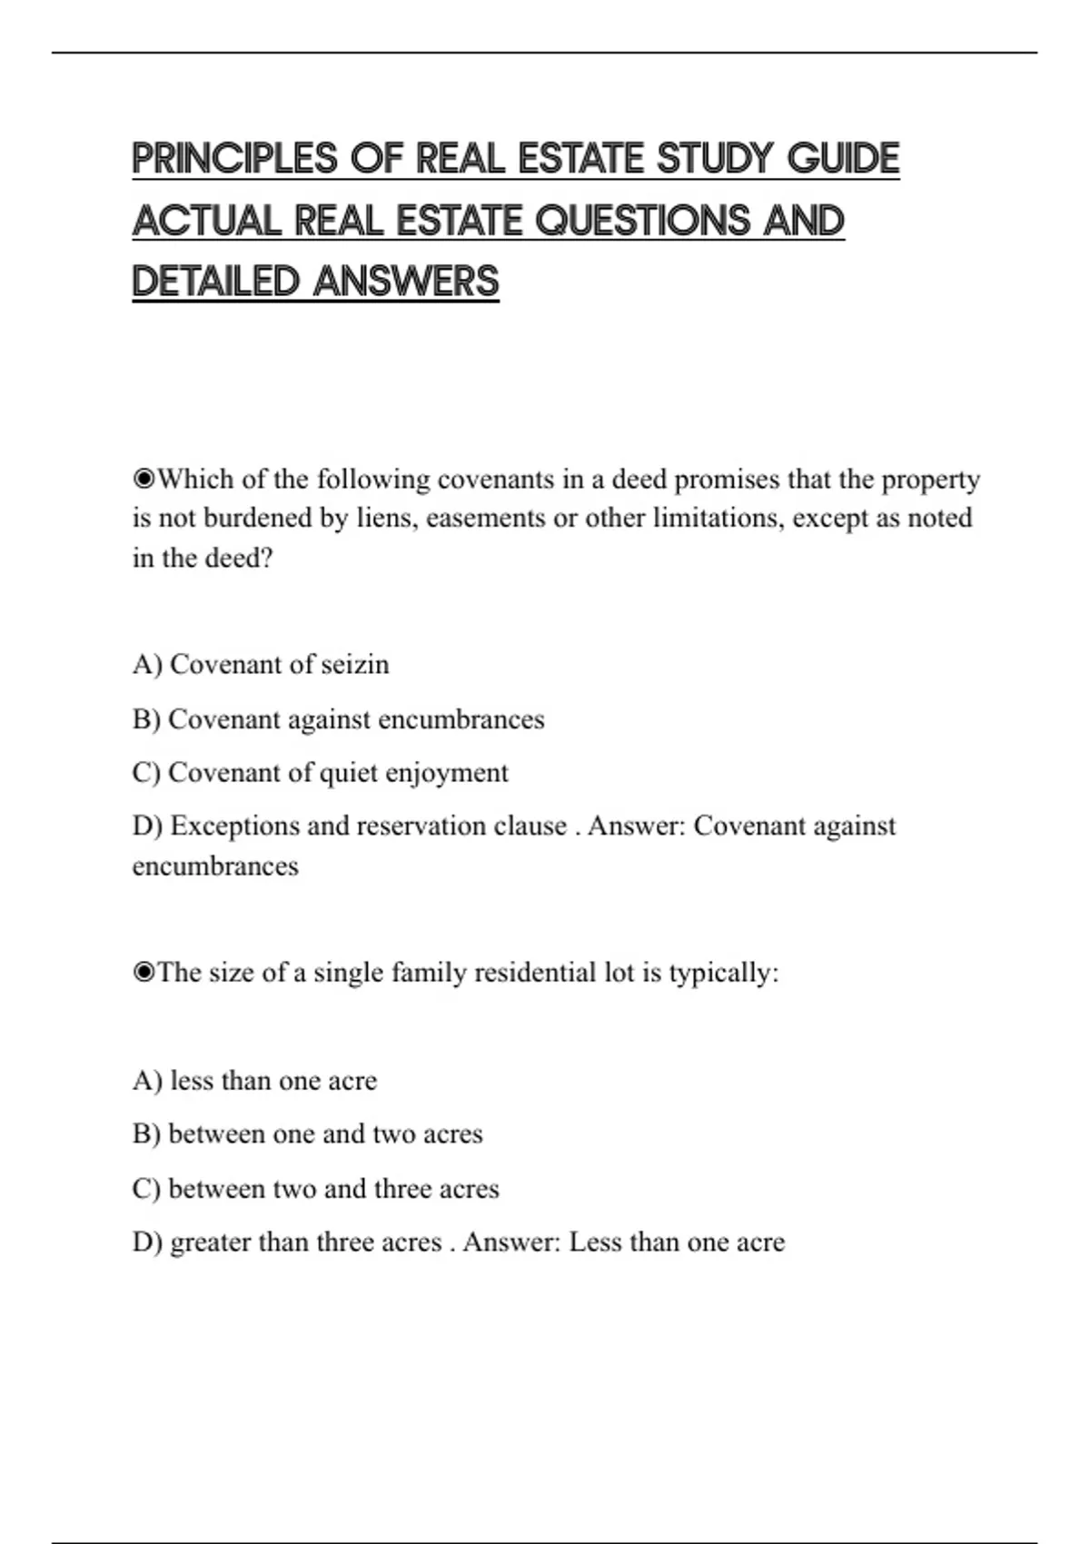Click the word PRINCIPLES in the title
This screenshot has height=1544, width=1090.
pos(235,159)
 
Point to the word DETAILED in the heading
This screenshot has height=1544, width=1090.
pos(215,282)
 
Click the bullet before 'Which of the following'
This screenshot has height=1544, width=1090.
pos(144,479)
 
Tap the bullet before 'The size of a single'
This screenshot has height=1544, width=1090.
pos(144,973)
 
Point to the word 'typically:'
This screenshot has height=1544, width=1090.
pos(724,973)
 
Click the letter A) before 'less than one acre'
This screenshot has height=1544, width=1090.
pos(146,1081)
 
